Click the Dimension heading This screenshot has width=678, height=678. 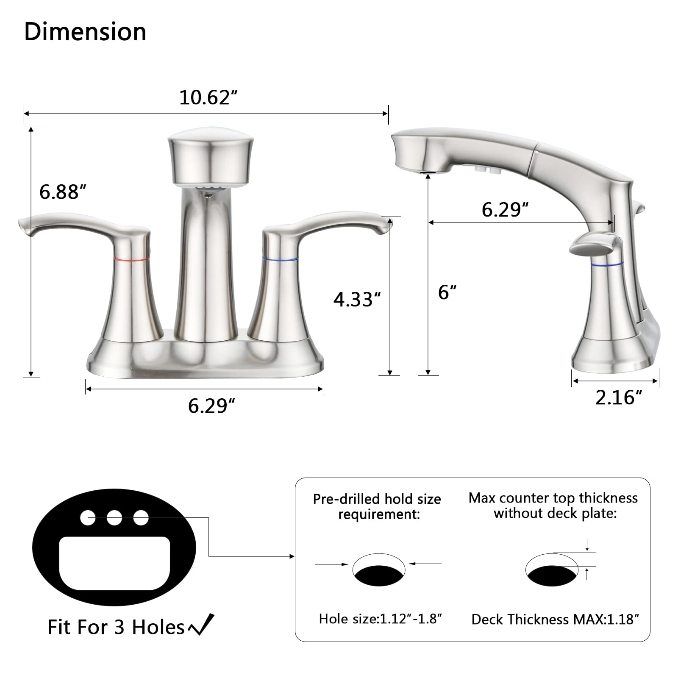click(85, 32)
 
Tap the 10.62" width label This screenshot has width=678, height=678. click(208, 97)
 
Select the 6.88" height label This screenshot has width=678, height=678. click(63, 192)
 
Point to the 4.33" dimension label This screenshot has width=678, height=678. click(357, 299)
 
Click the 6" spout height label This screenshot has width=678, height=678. click(447, 292)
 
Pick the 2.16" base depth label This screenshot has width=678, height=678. click(619, 397)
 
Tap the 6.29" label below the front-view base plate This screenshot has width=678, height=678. click(211, 406)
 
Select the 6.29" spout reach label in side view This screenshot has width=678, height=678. click(505, 209)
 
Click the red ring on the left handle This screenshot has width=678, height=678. click(131, 258)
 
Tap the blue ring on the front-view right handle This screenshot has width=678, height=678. click(280, 258)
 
